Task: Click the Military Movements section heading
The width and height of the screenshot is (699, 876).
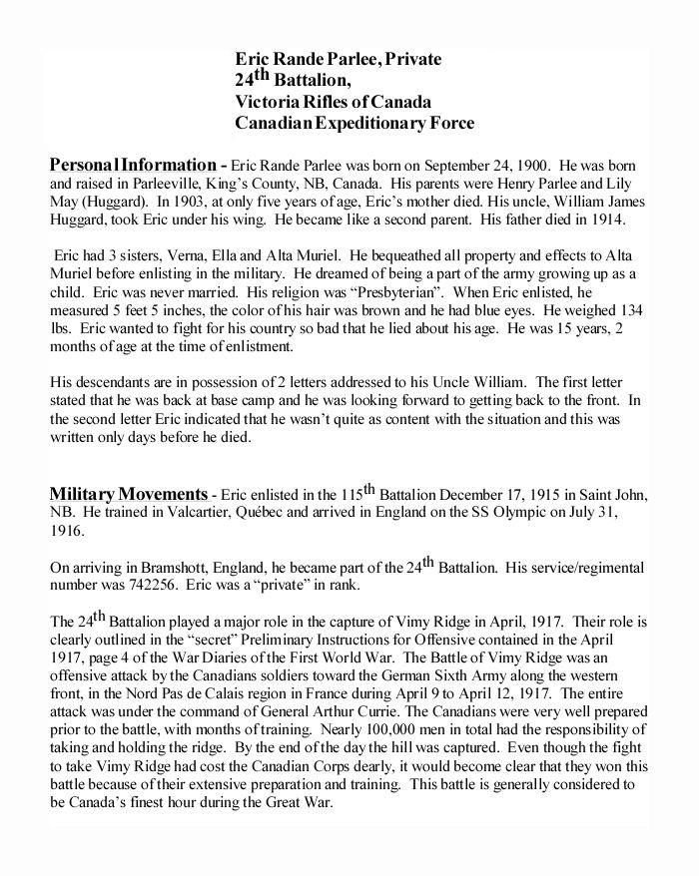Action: click(128, 493)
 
